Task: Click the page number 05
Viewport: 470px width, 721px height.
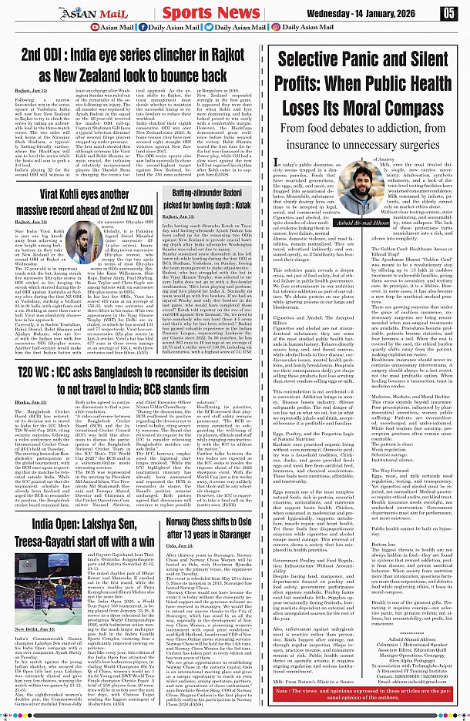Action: pos(448,13)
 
